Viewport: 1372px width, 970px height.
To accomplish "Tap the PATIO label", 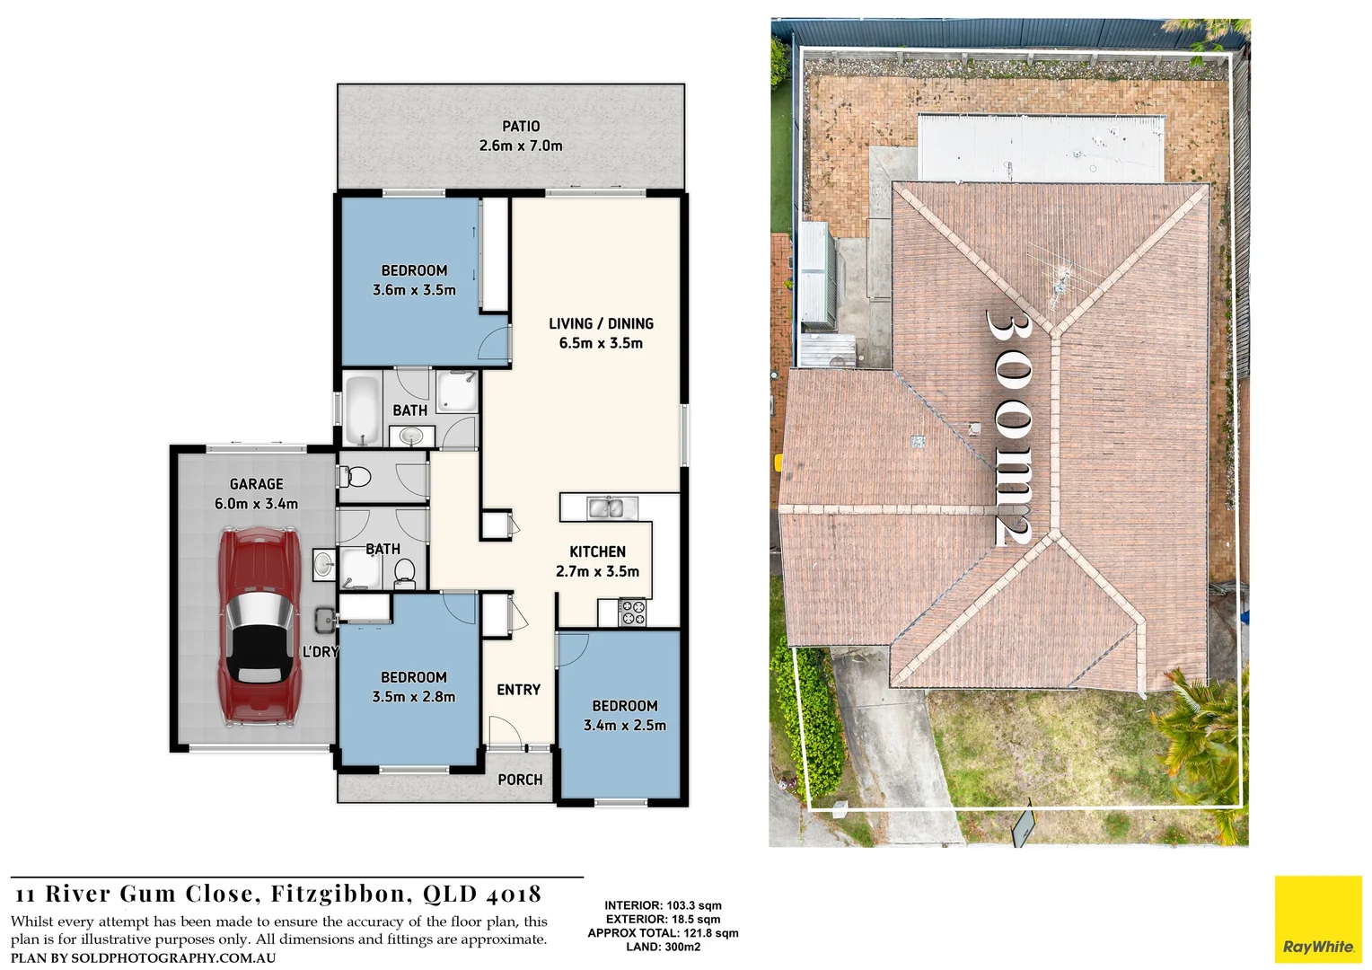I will (x=521, y=127).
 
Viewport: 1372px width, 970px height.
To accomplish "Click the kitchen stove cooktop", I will (x=633, y=613).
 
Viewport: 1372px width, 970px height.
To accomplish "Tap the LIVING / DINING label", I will (x=601, y=323).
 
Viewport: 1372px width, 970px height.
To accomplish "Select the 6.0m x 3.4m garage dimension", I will (x=256, y=504).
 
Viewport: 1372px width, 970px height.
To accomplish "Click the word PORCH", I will (x=520, y=780).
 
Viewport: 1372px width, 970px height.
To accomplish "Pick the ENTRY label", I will (x=518, y=690).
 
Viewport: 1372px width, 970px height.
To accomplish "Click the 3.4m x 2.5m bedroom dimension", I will (x=625, y=726).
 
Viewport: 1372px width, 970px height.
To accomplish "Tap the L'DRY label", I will (x=320, y=652).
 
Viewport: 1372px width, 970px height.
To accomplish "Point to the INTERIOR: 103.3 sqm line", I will (x=663, y=905).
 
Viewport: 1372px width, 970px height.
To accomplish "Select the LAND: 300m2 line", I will (x=663, y=947).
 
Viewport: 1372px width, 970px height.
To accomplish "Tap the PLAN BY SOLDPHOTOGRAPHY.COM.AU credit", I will (x=144, y=957).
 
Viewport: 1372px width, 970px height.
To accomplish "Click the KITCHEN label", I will (x=597, y=551).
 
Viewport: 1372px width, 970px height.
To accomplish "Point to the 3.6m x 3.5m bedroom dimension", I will (x=414, y=290).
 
